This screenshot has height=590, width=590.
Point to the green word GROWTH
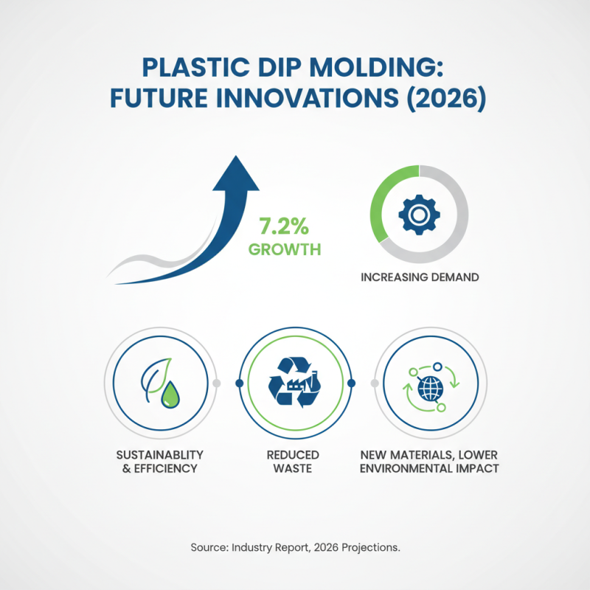285,249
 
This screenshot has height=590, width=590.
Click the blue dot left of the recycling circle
238,383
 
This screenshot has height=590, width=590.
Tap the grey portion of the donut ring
457,236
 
